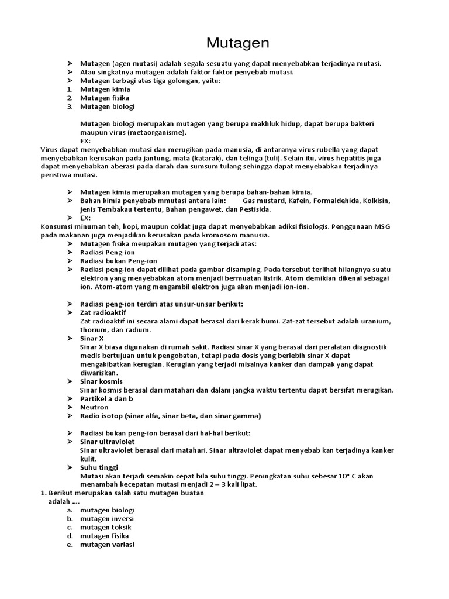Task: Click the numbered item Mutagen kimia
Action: [105, 89]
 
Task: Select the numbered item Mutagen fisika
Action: [105, 98]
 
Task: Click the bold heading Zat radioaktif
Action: [103, 313]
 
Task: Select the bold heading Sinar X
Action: [92, 339]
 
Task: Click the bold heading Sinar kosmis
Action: [101, 381]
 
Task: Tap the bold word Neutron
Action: [95, 407]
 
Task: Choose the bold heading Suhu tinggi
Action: [99, 467]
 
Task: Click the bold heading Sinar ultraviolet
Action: [108, 442]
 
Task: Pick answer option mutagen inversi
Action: [107, 519]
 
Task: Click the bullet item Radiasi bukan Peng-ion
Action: [118, 261]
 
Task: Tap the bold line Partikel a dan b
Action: [107, 398]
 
